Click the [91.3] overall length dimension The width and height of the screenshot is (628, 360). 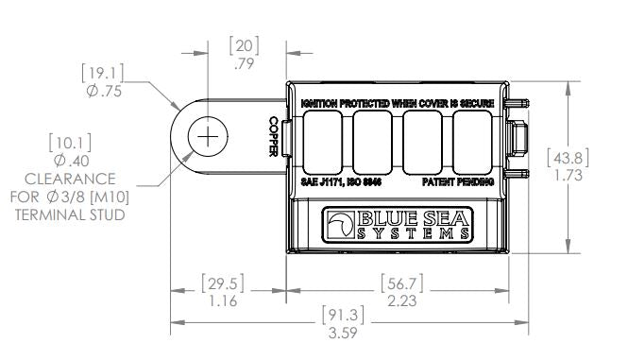pyautogui.click(x=343, y=315)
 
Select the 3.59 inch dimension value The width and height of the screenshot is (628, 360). pyautogui.click(x=343, y=333)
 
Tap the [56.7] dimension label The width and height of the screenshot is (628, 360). pyautogui.click(x=402, y=283)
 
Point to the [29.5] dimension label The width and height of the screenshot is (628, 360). pyautogui.click(x=223, y=283)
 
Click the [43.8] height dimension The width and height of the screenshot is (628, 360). pyautogui.click(x=568, y=158)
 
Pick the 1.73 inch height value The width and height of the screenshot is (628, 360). pyautogui.click(x=569, y=175)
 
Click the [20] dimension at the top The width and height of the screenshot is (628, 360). pyautogui.click(x=244, y=45)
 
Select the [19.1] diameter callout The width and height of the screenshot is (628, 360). pyautogui.click(x=103, y=73)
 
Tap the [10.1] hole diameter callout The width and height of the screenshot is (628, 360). pyautogui.click(x=70, y=143)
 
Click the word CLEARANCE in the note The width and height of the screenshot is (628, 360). pyautogui.click(x=70, y=179)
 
